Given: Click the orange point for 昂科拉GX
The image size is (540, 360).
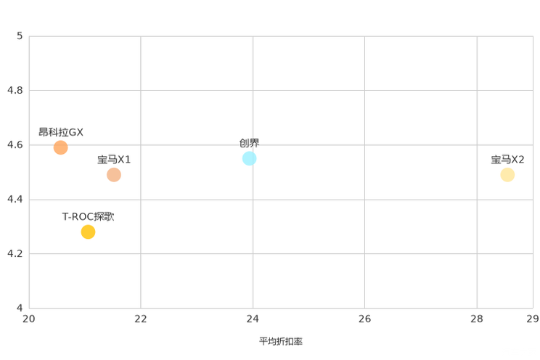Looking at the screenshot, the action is [61, 147].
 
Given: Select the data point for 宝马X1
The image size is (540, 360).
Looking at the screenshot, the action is [114, 175].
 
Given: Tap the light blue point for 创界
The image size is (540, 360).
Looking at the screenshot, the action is [250, 158].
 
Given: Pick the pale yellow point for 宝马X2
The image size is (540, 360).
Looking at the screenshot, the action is [507, 175].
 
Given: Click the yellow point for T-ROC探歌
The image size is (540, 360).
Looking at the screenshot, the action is [88, 232].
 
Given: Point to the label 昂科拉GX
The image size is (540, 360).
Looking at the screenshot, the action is [61, 132].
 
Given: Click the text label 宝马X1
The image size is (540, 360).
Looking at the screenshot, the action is [114, 160].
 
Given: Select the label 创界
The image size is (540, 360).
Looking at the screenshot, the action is [250, 143].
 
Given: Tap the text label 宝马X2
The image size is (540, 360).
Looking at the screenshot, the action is [507, 160].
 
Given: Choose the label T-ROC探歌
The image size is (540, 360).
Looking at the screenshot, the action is [88, 217].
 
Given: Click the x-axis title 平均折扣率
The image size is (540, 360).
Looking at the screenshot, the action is [281, 341].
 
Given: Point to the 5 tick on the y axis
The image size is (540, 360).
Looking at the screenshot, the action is [20, 36].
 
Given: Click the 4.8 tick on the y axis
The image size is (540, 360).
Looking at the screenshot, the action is [15, 90].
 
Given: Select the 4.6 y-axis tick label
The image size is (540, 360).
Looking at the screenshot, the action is [15, 144].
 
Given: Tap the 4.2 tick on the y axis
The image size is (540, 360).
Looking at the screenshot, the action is [15, 253].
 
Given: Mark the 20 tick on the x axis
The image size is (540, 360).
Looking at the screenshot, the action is [29, 319].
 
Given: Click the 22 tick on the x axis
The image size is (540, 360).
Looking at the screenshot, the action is [141, 319].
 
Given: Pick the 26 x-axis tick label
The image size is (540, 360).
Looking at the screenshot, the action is [364, 319].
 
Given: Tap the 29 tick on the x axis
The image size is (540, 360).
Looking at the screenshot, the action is [533, 319].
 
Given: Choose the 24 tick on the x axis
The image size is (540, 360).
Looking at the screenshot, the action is [253, 319].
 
